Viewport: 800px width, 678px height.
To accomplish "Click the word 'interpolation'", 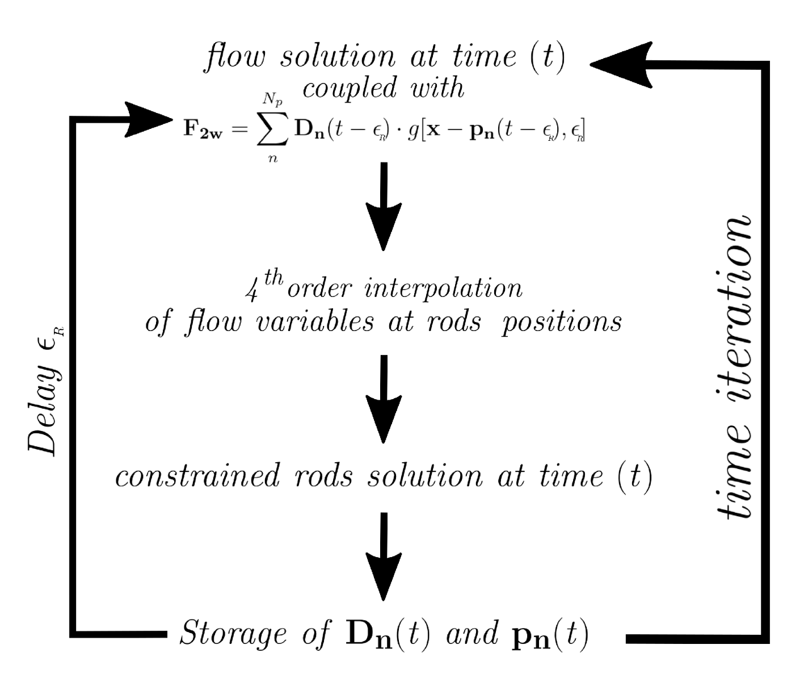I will (x=443, y=288).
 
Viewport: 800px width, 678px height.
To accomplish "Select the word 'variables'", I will (x=315, y=322).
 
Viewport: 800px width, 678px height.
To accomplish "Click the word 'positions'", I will (x=561, y=322).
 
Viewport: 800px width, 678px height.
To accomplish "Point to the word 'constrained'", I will (x=197, y=475).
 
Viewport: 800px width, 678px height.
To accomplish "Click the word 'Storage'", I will (x=233, y=634).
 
